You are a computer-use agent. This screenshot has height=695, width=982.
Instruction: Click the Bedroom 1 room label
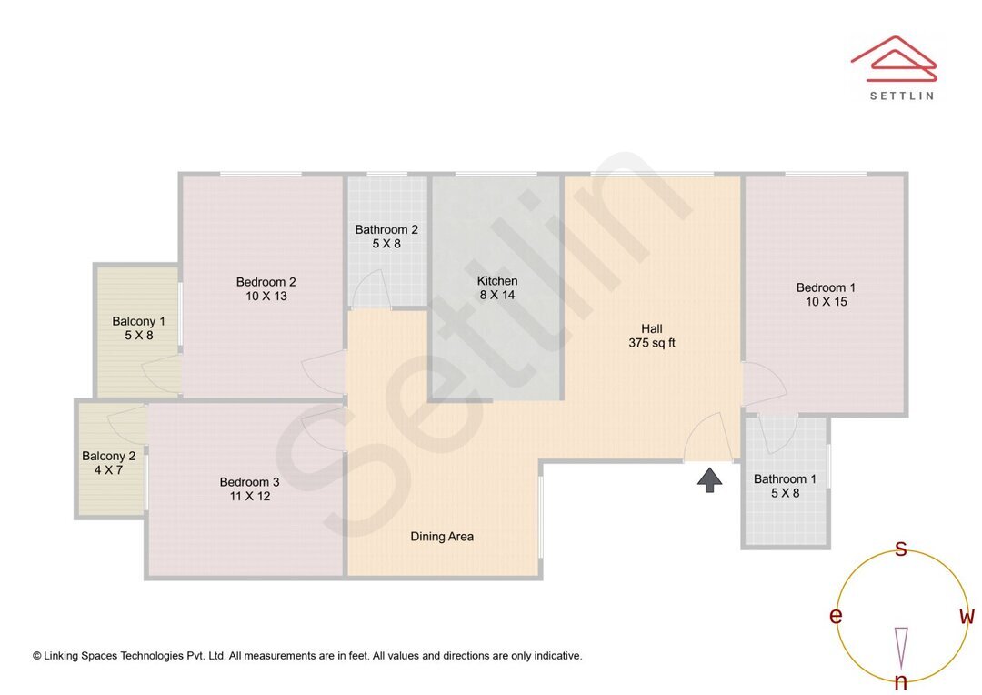[x=826, y=287]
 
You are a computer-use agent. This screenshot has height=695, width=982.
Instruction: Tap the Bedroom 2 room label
[x=266, y=282]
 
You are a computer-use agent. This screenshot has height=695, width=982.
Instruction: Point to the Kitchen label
[x=497, y=281]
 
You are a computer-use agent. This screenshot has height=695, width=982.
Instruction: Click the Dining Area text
[x=442, y=537]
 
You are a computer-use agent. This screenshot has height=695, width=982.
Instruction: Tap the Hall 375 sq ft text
[x=652, y=336]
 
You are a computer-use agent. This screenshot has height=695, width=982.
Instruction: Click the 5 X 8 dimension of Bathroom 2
[x=386, y=244]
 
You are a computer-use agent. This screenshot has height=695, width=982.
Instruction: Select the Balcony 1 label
[x=138, y=321]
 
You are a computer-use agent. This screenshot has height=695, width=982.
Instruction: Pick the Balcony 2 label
[x=108, y=457]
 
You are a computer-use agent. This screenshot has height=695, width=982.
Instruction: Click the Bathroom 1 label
[x=785, y=479]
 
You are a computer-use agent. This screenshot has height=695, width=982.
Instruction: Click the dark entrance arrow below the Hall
[x=709, y=479]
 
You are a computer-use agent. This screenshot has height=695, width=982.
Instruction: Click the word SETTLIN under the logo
[x=901, y=96]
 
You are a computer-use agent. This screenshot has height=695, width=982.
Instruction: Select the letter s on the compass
[x=901, y=549]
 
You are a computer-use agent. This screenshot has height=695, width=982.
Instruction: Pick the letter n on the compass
[x=901, y=682]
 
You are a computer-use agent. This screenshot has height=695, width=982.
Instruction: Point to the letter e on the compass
[x=835, y=617]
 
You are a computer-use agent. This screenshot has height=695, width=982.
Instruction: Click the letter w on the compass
[x=967, y=617]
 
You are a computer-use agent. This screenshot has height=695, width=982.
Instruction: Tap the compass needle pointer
[x=901, y=646]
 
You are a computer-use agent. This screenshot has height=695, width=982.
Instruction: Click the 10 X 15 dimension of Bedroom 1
[x=826, y=302]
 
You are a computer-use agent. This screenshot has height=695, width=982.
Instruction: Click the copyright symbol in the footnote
[x=37, y=655]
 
